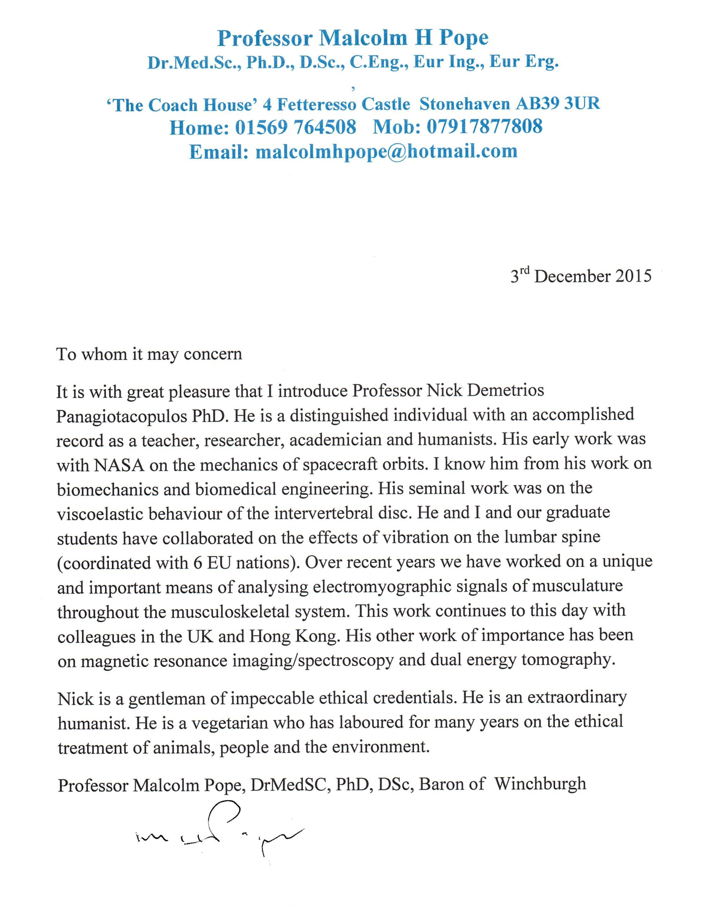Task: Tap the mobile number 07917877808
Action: (484, 126)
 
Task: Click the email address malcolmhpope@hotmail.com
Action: (386, 151)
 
